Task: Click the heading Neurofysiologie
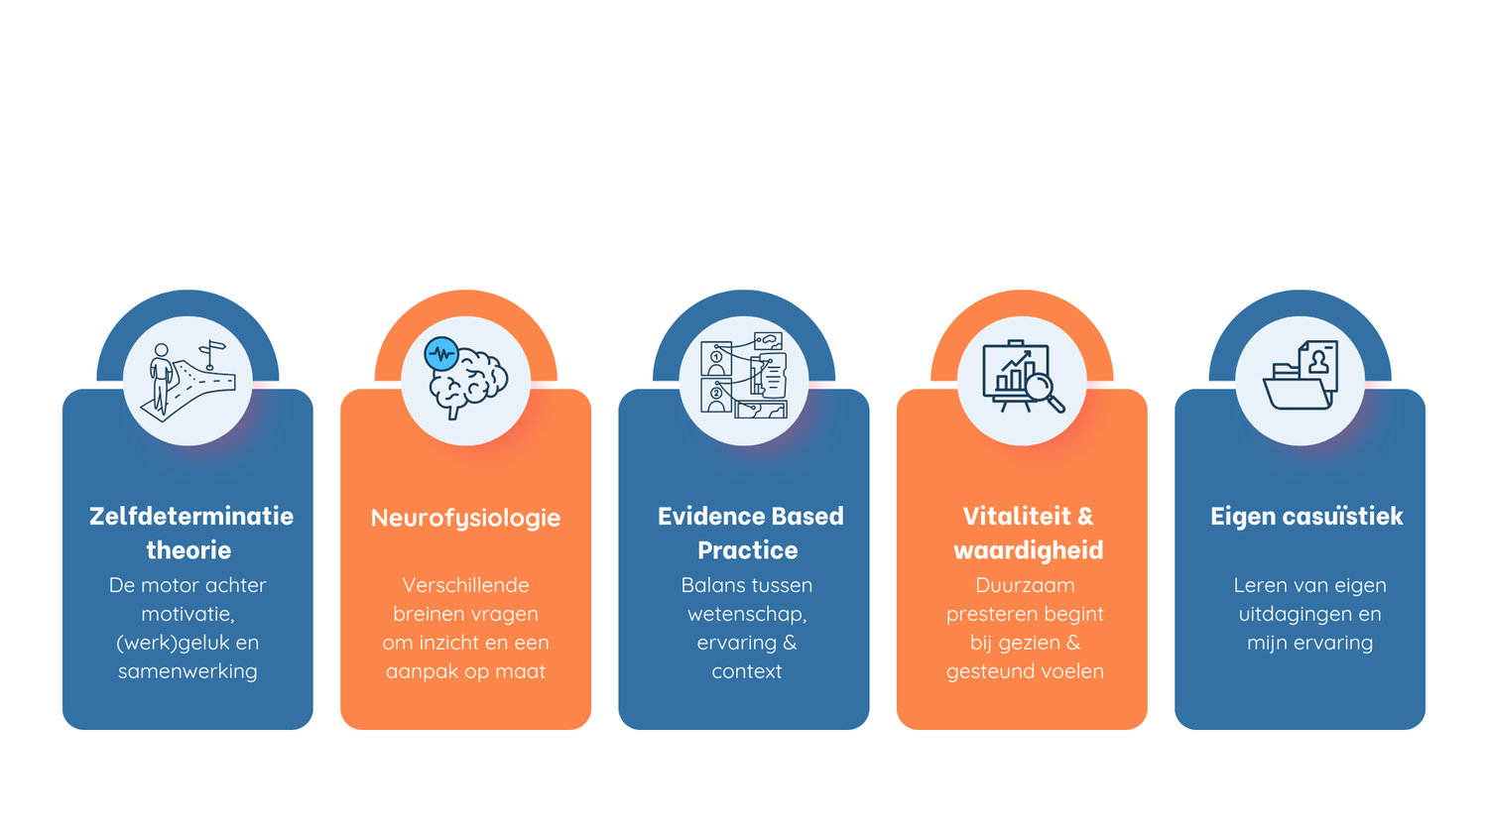tap(465, 518)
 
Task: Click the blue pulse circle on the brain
tap(440, 354)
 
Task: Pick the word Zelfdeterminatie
tap(191, 517)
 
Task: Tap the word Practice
tap(747, 550)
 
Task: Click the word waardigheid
tap(1028, 550)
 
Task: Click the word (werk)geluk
tap(174, 643)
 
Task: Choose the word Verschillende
tap(465, 585)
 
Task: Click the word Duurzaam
tap(1025, 585)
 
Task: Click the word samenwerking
tap(187, 671)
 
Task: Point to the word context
tap(746, 671)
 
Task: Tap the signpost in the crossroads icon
tap(211, 353)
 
